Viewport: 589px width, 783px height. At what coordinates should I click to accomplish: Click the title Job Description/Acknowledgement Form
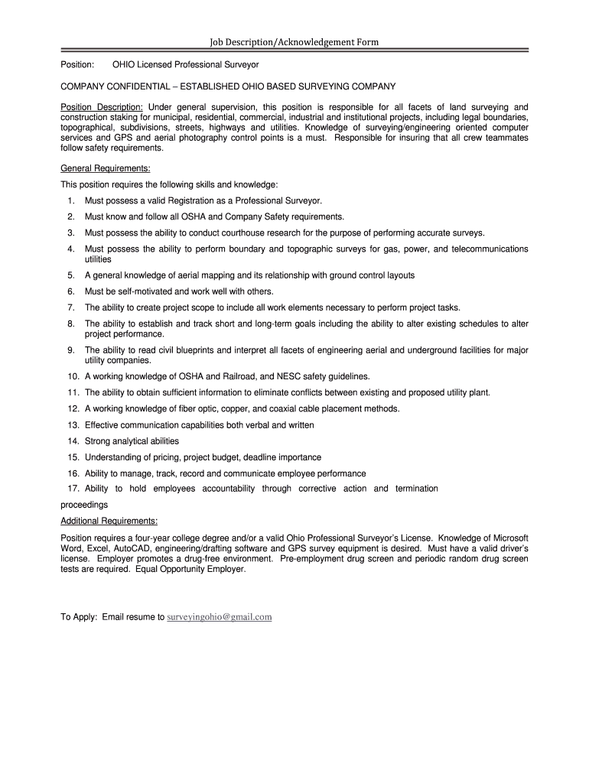294,41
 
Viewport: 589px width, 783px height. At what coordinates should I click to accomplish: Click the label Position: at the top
77,66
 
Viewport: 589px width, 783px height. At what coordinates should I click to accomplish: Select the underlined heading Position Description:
102,106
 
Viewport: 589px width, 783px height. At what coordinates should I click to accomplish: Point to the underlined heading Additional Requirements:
109,521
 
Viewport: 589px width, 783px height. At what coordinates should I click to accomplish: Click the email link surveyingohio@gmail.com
220,617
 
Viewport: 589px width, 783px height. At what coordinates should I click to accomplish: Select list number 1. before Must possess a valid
70,200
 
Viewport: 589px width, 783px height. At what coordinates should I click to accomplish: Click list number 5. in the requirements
70,275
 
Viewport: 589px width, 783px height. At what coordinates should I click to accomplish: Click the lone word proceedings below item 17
84,505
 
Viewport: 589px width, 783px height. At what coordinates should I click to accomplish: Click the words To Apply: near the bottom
79,617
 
